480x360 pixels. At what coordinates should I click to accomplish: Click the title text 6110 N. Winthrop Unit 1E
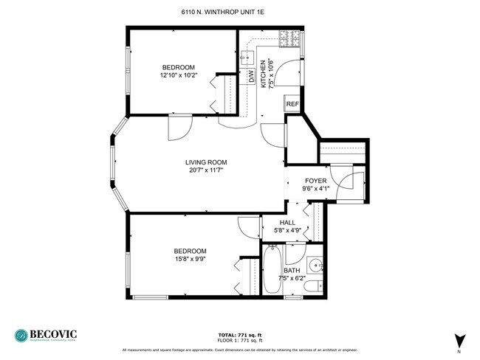(239, 13)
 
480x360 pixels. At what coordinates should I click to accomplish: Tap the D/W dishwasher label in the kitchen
(251, 76)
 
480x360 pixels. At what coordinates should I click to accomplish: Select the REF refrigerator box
(292, 105)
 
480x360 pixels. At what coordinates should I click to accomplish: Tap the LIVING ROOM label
(205, 162)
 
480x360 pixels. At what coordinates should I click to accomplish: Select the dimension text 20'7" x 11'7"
(205, 170)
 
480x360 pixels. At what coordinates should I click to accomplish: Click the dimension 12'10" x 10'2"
(178, 75)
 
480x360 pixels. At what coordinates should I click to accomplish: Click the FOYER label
(316, 180)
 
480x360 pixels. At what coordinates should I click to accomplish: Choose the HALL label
(287, 222)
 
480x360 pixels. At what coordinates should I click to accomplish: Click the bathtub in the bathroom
(270, 273)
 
